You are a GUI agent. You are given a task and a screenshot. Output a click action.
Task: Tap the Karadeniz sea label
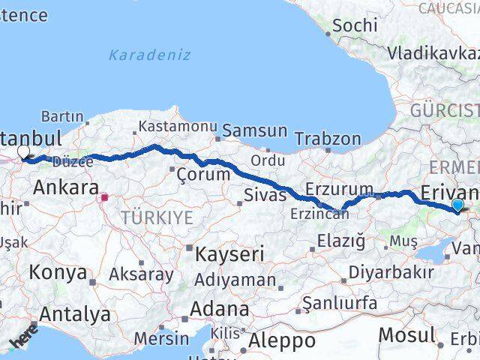pyautogui.click(x=149, y=55)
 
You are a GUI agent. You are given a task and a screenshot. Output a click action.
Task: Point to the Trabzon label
pyautogui.click(x=328, y=139)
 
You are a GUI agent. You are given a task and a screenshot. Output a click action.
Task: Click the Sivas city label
pyautogui.click(x=265, y=196)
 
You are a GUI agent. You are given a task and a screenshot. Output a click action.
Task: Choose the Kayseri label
pyautogui.click(x=229, y=254)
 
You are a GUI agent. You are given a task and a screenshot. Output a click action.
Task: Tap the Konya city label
pyautogui.click(x=58, y=273)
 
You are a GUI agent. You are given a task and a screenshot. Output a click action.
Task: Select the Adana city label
pyautogui.click(x=219, y=308)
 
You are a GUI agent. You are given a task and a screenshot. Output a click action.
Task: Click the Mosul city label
pyautogui.click(x=406, y=334)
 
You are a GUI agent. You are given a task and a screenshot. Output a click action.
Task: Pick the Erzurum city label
pyautogui.click(x=340, y=189)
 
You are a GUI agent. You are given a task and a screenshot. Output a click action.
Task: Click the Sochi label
pyautogui.click(x=354, y=25)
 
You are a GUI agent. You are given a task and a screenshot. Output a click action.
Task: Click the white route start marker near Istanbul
pyautogui.click(x=23, y=152)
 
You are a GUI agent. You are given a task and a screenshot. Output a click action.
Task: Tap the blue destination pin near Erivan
pyautogui.click(x=458, y=205)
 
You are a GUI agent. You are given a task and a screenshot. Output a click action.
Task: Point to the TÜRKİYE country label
pyautogui.click(x=159, y=217)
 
